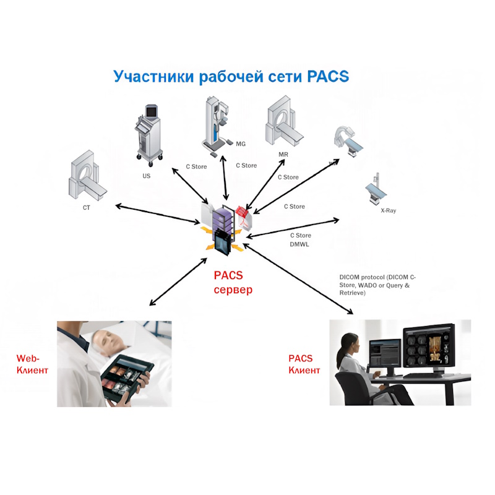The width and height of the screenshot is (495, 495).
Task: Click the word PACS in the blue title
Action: click(x=328, y=76)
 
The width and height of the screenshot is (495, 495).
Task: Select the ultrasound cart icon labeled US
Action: click(x=149, y=136)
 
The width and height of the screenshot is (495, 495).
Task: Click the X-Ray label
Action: click(x=389, y=210)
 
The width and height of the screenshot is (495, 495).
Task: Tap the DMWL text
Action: click(x=299, y=244)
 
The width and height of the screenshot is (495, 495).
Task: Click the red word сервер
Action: click(x=233, y=290)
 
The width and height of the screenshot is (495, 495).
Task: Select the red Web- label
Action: click(x=28, y=358)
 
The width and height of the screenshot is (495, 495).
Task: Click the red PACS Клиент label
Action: click(x=304, y=364)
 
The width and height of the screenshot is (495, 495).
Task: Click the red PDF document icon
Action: click(x=244, y=218)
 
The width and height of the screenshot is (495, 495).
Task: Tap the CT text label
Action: click(x=87, y=208)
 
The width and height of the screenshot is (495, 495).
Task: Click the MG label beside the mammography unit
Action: click(x=241, y=144)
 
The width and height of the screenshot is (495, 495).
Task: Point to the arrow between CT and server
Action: click(x=158, y=215)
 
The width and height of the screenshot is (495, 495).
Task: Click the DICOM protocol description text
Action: click(x=377, y=285)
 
